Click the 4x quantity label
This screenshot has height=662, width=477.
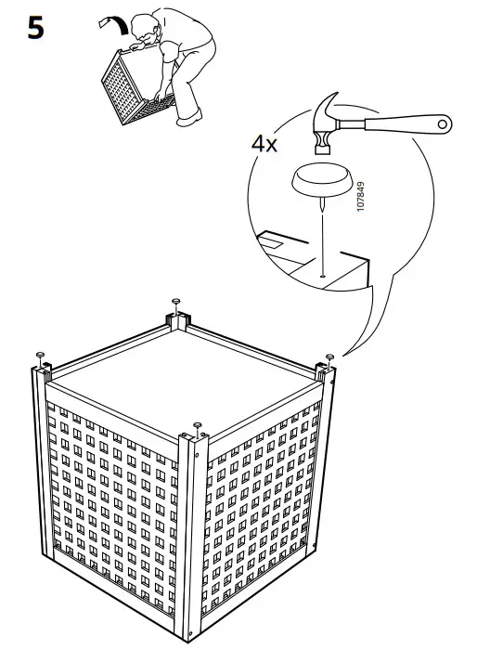[x=264, y=145]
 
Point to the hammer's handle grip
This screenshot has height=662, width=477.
[x=408, y=123]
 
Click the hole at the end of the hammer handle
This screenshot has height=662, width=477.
[x=444, y=121]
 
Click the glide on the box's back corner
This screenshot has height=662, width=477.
[x=175, y=302]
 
